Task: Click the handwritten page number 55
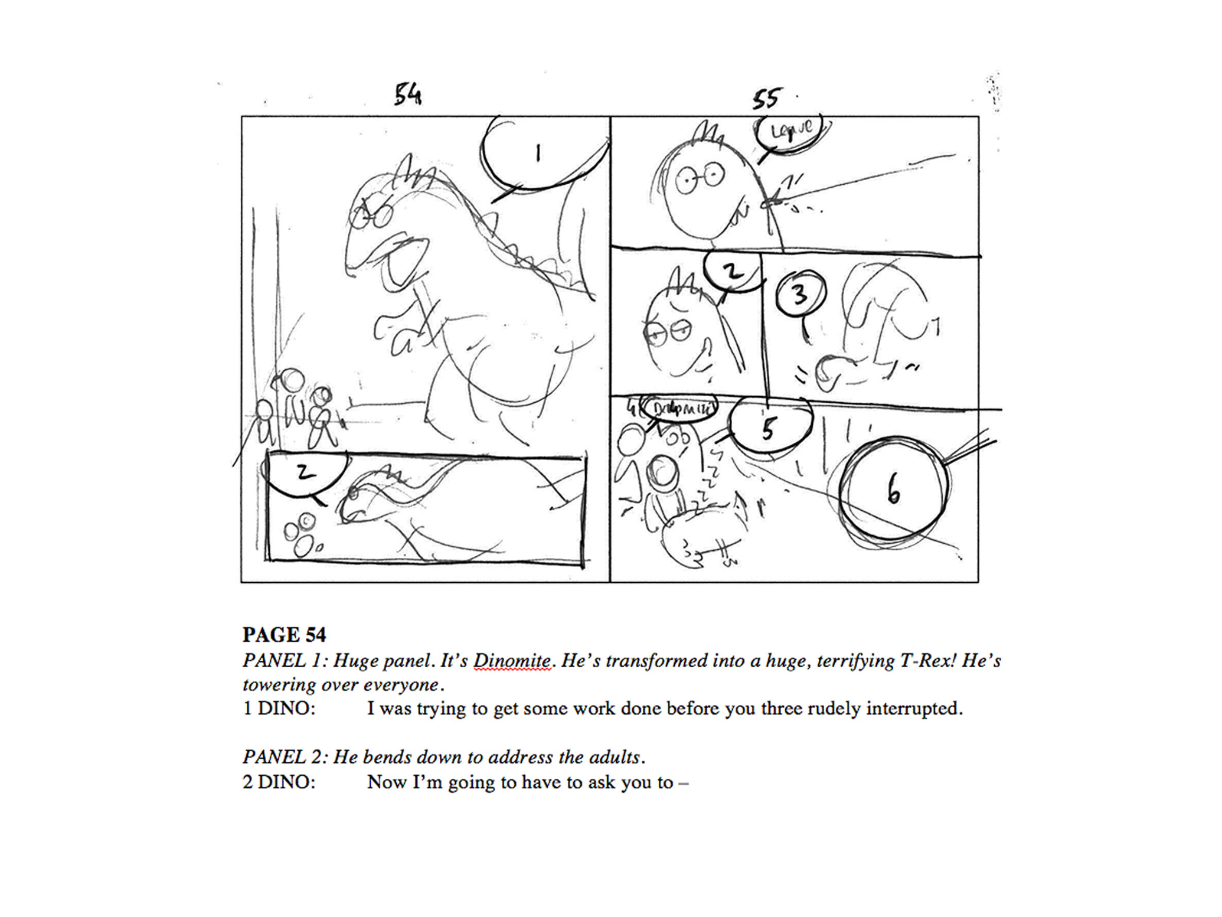(x=766, y=99)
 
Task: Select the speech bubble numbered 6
(x=893, y=488)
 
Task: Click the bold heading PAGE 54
(x=284, y=635)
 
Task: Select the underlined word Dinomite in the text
(x=512, y=660)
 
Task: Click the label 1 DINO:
(x=279, y=708)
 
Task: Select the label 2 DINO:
(x=279, y=782)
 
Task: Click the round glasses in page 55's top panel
(x=700, y=178)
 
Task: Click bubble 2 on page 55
(x=732, y=271)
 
